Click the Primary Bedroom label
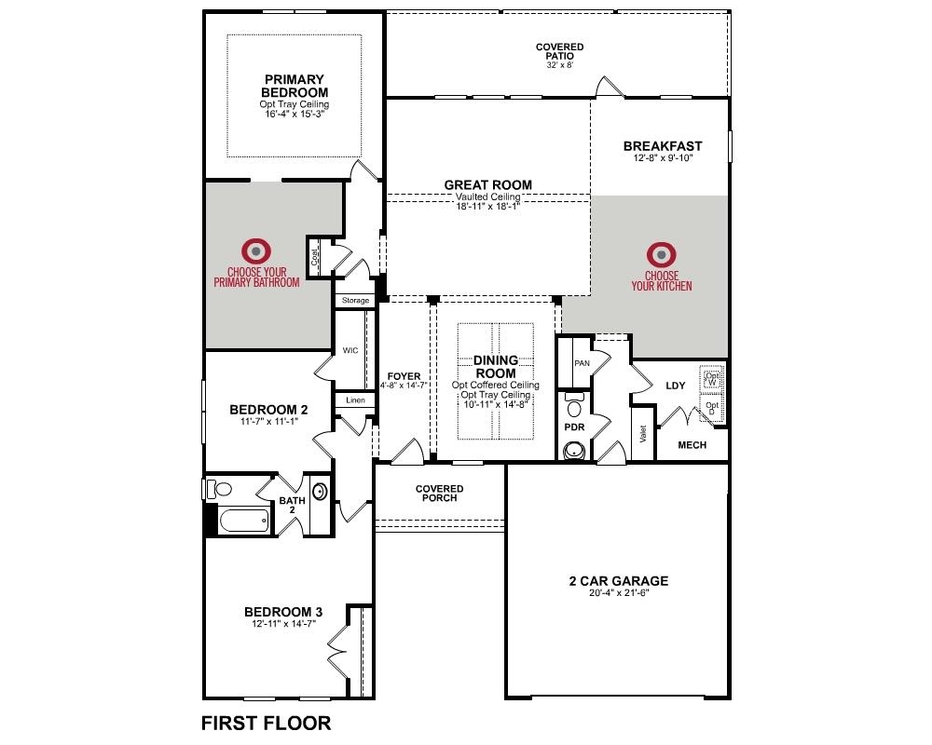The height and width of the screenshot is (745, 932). click(295, 87)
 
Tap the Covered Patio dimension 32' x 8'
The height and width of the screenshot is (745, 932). click(560, 65)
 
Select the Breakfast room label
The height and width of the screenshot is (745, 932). click(663, 145)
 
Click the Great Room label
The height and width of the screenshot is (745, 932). click(488, 184)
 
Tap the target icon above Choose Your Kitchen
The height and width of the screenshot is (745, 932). click(661, 255)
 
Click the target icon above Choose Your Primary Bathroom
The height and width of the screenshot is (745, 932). click(255, 251)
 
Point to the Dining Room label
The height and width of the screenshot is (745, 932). click(496, 367)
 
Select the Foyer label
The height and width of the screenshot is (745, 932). click(404, 376)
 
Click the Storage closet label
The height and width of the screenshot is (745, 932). click(355, 301)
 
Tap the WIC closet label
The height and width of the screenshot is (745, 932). click(350, 350)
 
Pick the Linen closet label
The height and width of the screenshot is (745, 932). click(355, 400)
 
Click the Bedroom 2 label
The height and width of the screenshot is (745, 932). click(268, 410)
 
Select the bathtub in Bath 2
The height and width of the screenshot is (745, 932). click(243, 521)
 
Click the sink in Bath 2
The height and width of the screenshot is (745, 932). click(319, 492)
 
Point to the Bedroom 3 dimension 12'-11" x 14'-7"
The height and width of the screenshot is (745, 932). click(283, 624)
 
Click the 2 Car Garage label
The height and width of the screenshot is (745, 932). click(619, 581)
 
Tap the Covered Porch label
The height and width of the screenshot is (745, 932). click(440, 494)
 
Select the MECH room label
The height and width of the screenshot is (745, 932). click(692, 445)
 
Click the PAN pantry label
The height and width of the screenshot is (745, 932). click(582, 363)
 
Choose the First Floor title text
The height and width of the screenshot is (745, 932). click(267, 723)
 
